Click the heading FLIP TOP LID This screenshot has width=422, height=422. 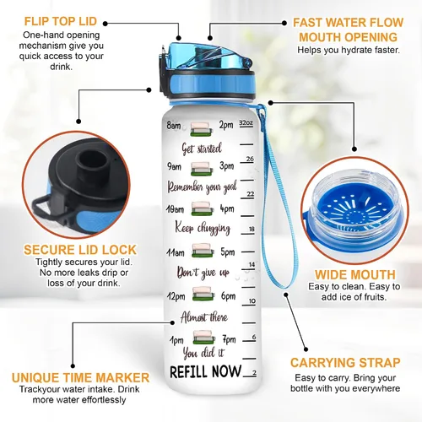(x=61, y=21)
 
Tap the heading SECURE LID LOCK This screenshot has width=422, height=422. (x=80, y=250)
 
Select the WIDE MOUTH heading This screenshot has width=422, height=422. (x=355, y=274)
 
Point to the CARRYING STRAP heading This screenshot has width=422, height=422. (x=345, y=363)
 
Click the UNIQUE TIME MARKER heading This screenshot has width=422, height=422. (x=80, y=377)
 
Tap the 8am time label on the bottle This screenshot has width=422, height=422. (x=174, y=125)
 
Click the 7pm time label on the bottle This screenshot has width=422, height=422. (x=230, y=339)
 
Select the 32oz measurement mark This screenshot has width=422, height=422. (x=246, y=123)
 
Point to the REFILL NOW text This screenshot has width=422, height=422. (x=205, y=371)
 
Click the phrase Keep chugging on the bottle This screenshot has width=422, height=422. (x=203, y=228)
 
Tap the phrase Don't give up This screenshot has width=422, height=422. (x=203, y=273)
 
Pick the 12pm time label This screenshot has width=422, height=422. (x=176, y=296)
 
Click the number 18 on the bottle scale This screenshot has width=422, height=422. (x=252, y=229)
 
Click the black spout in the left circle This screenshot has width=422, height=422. (x=93, y=165)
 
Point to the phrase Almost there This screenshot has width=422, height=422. (x=204, y=317)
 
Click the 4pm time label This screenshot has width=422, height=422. (x=227, y=209)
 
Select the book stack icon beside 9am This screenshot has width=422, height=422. (x=202, y=169)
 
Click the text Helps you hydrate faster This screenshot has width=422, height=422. (x=349, y=50)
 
